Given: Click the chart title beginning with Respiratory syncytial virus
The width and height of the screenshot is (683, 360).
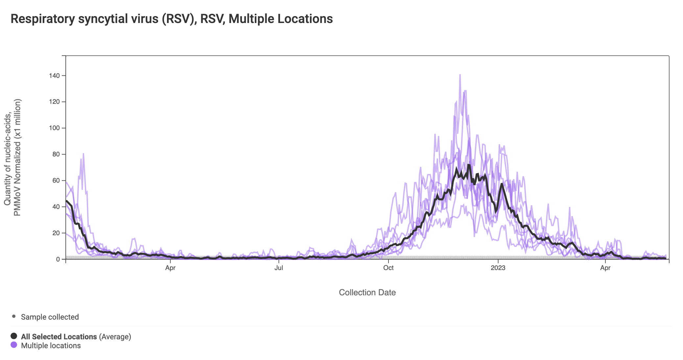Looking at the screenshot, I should [x=172, y=19].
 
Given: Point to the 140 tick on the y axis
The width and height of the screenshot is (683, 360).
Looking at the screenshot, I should [x=54, y=76].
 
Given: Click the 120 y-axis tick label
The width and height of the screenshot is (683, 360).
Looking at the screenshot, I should [x=54, y=102].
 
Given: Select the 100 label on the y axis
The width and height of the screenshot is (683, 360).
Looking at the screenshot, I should [x=54, y=128].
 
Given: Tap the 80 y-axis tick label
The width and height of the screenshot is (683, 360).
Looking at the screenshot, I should [x=56, y=154].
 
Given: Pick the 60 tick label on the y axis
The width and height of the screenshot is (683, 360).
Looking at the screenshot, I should [x=56, y=181].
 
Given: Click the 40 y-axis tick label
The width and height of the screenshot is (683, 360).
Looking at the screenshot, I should [x=56, y=207].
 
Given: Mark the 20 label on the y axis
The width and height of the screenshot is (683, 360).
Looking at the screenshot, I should [x=56, y=233].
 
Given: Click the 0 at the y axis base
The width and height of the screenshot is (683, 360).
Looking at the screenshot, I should [x=58, y=259].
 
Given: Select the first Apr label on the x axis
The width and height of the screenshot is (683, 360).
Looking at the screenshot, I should [x=170, y=268].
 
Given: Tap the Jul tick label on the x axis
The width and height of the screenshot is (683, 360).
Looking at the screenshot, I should [x=279, y=268].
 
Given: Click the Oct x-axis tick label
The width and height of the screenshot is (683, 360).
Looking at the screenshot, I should [x=388, y=268].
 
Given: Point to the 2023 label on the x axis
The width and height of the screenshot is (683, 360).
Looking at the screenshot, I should [x=498, y=268].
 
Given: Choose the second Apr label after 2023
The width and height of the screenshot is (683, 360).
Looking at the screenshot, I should [x=605, y=268].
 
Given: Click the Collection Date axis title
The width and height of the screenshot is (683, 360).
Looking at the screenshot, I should [x=367, y=293].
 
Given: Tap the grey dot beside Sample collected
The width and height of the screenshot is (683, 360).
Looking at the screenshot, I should [x=14, y=317].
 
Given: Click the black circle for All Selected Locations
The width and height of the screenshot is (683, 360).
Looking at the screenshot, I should [x=14, y=336].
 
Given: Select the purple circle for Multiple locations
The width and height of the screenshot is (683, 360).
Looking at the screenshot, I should [x=14, y=345].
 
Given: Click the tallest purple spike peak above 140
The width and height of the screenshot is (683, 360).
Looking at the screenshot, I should [x=460, y=75].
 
